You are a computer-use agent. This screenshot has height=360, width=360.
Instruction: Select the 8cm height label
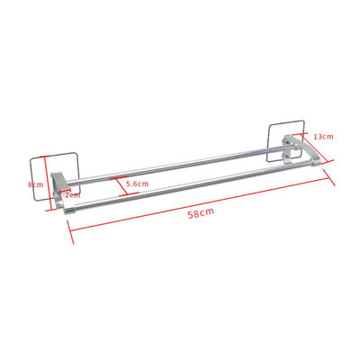click(x=36, y=184)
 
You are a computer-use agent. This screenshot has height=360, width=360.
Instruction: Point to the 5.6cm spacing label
click(x=138, y=184)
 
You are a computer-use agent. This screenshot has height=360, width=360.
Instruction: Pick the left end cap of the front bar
click(x=67, y=205)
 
